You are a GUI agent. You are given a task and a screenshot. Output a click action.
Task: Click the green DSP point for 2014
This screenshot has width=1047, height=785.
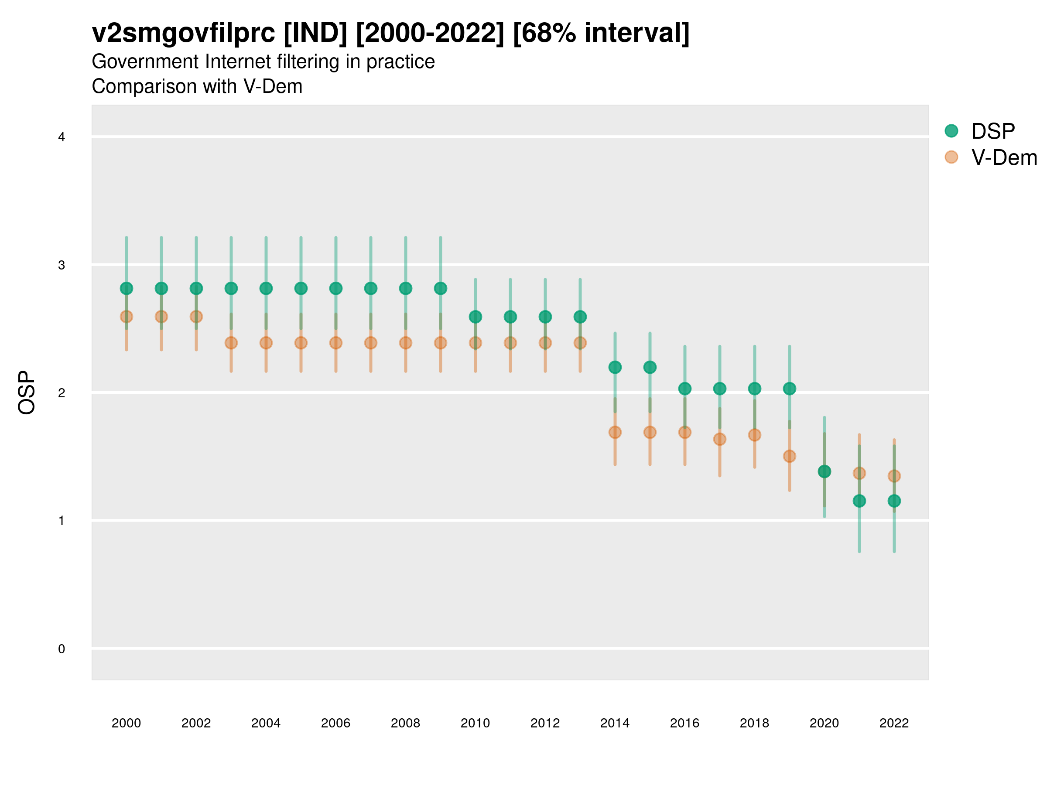(x=615, y=367)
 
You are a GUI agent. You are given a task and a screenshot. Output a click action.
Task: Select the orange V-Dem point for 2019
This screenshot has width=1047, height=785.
(x=790, y=456)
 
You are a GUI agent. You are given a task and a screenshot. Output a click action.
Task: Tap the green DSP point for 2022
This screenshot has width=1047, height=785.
(x=894, y=501)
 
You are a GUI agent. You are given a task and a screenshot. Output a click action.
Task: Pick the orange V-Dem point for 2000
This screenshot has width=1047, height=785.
(x=127, y=317)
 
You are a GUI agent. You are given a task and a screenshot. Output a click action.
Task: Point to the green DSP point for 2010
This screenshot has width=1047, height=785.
(x=475, y=317)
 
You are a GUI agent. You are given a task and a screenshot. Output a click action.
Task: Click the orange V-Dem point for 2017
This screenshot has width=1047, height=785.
(x=719, y=439)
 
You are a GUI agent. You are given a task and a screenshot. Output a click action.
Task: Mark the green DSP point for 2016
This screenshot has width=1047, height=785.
(x=685, y=389)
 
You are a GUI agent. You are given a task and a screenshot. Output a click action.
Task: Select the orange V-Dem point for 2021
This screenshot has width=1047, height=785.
(x=859, y=473)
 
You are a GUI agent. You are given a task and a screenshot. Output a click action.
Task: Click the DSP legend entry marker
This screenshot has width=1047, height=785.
(x=951, y=130)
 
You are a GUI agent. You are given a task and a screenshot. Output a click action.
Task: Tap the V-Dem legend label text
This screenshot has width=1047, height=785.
(x=1004, y=157)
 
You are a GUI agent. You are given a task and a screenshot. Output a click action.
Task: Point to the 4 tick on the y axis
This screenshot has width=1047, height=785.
(x=62, y=137)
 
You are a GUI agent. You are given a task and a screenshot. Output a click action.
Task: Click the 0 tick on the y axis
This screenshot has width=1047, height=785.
(x=62, y=649)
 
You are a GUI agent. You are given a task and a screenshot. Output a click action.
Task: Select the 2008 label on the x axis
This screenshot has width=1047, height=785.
(x=406, y=723)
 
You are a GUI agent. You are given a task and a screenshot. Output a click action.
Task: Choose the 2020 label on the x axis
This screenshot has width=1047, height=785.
(x=824, y=723)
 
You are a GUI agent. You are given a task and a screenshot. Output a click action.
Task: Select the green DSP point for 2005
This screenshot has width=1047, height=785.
(x=301, y=288)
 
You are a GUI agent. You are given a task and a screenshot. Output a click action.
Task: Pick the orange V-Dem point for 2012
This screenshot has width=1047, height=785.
(x=545, y=343)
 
